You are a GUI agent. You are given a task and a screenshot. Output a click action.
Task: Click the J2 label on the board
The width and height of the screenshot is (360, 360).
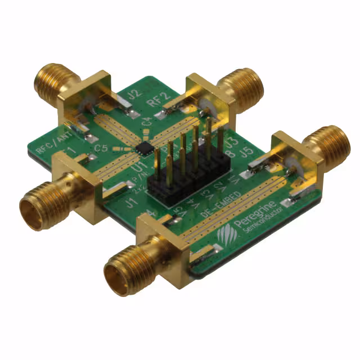tap(133, 95)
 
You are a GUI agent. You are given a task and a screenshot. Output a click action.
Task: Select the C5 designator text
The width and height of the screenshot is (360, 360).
tap(101, 148)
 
